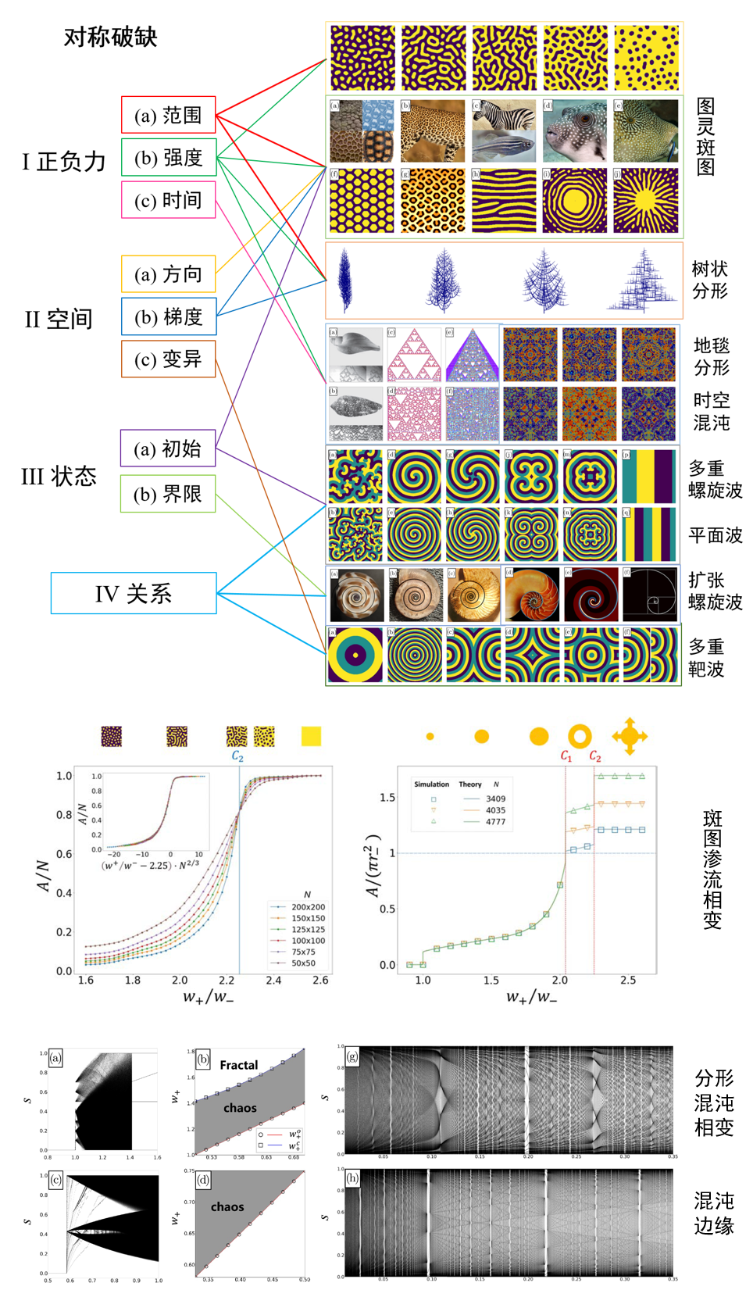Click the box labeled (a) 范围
point(168,115)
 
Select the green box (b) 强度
point(168,158)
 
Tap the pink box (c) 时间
point(168,200)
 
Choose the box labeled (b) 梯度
point(168,316)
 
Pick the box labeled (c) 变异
point(168,359)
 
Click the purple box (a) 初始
point(168,448)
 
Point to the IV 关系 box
point(134,593)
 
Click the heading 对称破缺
point(110,37)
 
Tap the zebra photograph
point(504,130)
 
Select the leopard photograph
point(433,130)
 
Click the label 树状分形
point(709,280)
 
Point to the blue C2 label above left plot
point(237,756)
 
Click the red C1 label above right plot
point(566,756)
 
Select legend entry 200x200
point(308,907)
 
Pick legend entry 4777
point(495,821)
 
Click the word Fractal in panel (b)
point(238,1065)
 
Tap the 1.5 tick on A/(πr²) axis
point(387,798)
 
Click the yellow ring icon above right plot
point(580,736)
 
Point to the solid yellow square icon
point(311,736)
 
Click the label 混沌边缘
point(714,1213)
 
